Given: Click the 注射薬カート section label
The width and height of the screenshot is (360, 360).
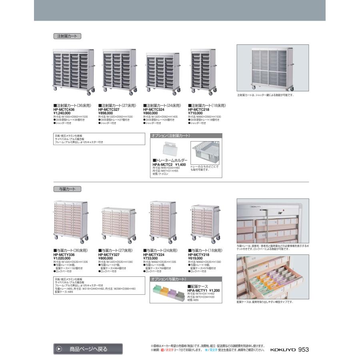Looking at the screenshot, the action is coord(67,36).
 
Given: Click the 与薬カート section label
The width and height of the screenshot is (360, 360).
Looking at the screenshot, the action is coord(67,189).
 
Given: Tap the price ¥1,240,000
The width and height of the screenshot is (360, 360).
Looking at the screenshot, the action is coord(62,113).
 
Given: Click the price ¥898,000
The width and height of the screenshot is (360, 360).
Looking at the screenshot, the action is coord(105,113).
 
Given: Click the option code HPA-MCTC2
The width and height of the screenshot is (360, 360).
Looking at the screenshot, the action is coord(162,164).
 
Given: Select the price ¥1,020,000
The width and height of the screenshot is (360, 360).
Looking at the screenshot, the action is coord(64,258).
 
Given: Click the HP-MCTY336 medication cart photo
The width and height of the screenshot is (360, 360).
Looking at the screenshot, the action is coord(71,222).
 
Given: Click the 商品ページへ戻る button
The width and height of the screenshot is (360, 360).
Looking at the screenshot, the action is coord(88,349).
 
